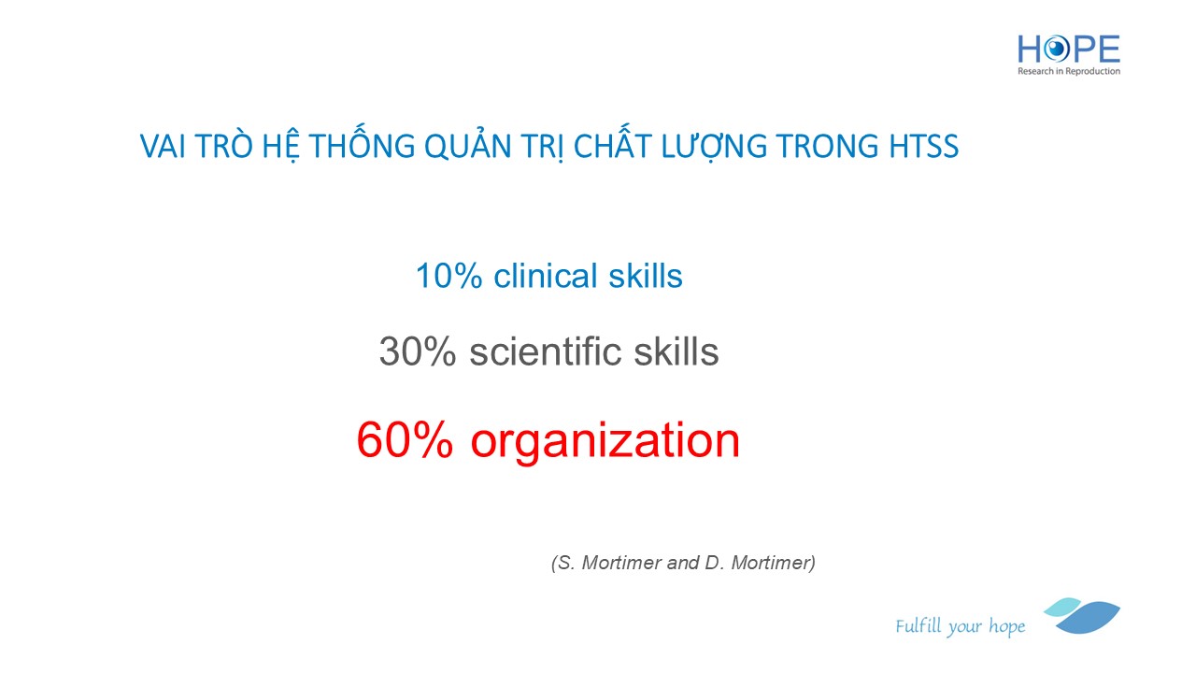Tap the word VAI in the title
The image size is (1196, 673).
[163, 146]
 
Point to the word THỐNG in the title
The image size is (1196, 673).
[362, 143]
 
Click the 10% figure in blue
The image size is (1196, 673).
[448, 276]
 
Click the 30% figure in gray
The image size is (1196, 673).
[418, 351]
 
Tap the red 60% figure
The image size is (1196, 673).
[405, 439]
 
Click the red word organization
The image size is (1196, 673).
[605, 442]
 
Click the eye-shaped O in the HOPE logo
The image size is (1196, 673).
[1056, 50]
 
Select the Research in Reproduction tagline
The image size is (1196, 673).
[1068, 71]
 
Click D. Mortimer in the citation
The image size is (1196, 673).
[757, 563]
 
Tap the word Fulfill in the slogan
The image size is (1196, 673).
[918, 625]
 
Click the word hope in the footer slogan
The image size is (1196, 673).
[1007, 626]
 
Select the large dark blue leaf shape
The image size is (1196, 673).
[1089, 618]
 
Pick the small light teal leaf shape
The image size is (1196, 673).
[1062, 607]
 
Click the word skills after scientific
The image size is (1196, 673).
[676, 351]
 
